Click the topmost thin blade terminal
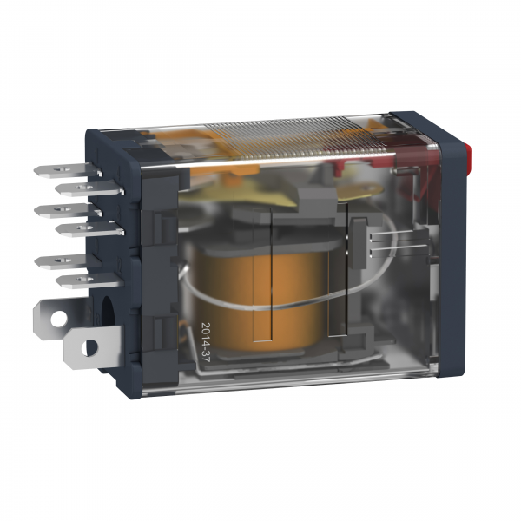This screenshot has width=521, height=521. pyautogui.click(x=67, y=170)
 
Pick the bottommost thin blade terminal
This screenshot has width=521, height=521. pyautogui.click(x=89, y=280)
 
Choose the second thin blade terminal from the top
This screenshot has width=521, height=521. pyautogui.click(x=89, y=188)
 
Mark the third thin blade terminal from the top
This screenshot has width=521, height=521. pyautogui.click(x=67, y=210)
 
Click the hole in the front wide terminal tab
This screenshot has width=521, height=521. pyautogui.click(x=89, y=347)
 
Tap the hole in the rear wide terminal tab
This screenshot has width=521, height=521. pyautogui.click(x=58, y=319)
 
